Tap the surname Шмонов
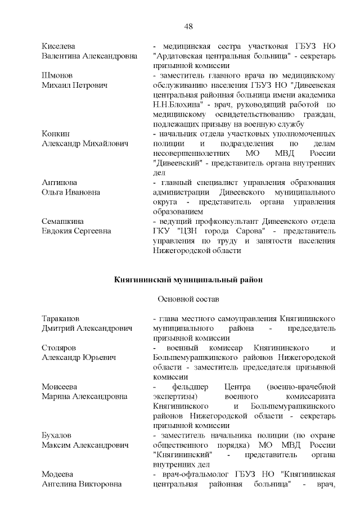coord(57,75)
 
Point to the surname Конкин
coord(56,134)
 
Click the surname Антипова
coord(60,183)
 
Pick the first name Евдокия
coord(60,231)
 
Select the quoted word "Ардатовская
coord(181,56)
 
